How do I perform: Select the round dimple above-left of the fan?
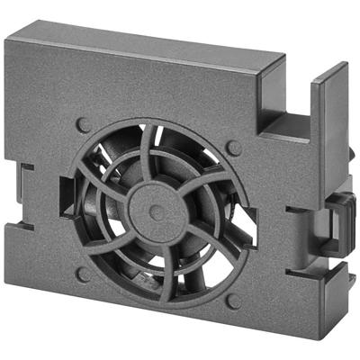pyautogui.click(x=84, y=125)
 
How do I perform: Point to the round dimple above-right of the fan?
pyautogui.click(x=233, y=146)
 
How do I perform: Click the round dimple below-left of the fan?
pyautogui.click(x=85, y=273)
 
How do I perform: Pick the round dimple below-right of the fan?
pyautogui.click(x=231, y=301)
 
